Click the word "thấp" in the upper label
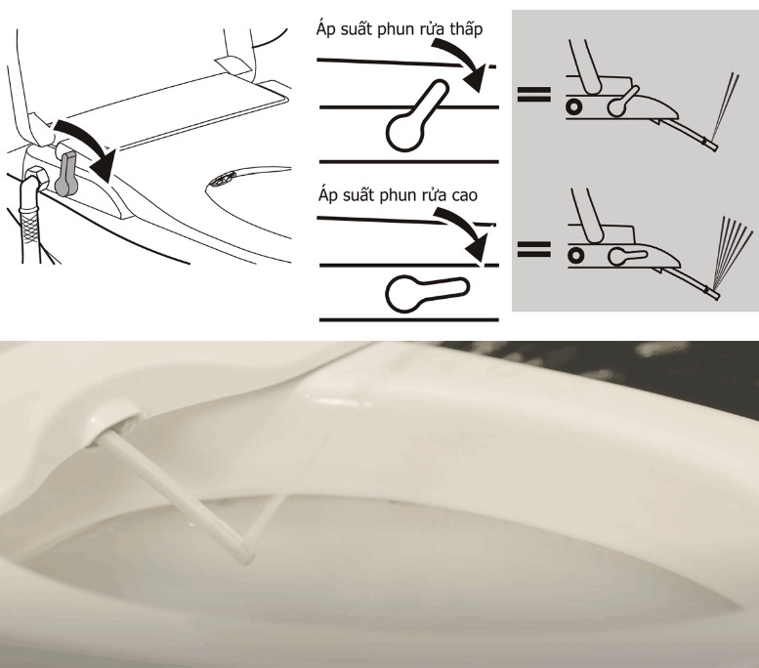(x=466, y=30)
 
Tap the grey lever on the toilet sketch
(x=66, y=173)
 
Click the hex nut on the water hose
(x=36, y=178)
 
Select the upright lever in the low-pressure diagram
(x=417, y=115)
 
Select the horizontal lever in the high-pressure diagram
(x=427, y=293)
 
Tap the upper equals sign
(x=534, y=94)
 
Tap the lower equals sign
(x=534, y=249)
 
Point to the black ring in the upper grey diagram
(x=574, y=106)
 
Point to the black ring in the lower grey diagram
(x=576, y=255)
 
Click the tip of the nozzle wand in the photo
(x=248, y=558)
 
